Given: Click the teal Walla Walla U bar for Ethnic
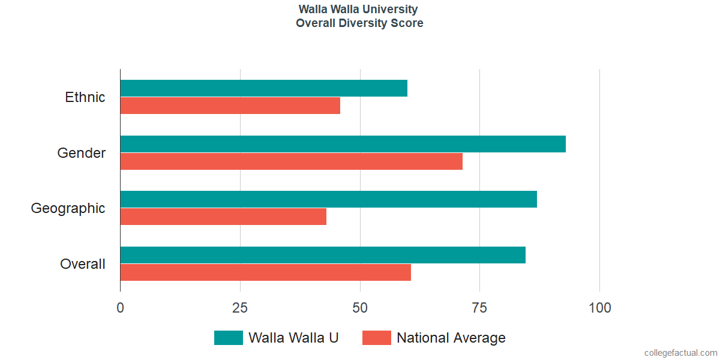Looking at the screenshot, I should click(x=264, y=88).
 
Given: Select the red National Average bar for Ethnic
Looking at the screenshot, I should click(x=230, y=106).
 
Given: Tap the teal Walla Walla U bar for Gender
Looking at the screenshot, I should click(x=343, y=144).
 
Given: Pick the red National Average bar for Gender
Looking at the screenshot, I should click(x=292, y=161).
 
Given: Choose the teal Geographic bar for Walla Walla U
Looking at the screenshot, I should click(x=329, y=199).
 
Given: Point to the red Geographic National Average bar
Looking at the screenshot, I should click(x=223, y=217).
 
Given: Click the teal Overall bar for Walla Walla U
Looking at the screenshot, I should click(x=323, y=255).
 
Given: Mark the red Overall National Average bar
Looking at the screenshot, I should click(x=266, y=272).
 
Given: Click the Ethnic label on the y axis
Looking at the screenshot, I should click(x=85, y=97).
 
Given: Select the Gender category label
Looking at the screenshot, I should click(x=82, y=153).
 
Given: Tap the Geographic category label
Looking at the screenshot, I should click(x=68, y=208).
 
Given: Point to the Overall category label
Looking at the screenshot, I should click(x=83, y=264).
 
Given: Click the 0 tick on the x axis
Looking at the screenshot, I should click(x=121, y=308).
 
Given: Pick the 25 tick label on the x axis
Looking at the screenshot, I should click(x=240, y=308).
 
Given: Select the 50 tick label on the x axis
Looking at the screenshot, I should click(x=360, y=308).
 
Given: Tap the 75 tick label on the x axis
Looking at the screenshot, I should click(x=479, y=308).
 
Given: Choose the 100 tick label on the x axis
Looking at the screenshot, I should click(x=599, y=308).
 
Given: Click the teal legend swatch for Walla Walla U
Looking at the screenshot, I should click(x=228, y=338).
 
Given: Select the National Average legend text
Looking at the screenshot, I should click(x=451, y=338).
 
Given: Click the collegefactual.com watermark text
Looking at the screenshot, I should click(x=680, y=353).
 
